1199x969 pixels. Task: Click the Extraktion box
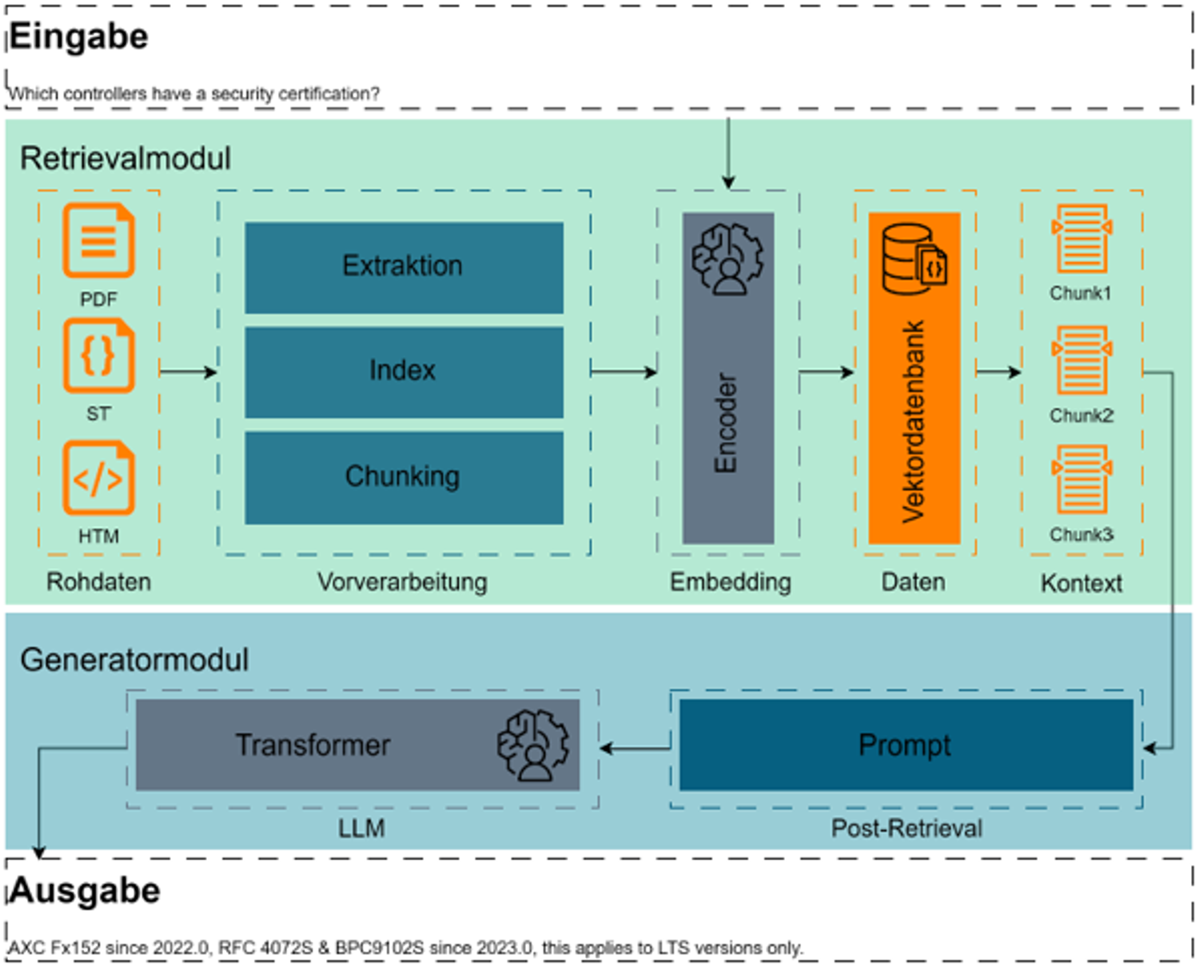click(404, 268)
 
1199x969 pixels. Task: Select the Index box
click(404, 373)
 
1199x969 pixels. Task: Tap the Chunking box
click(404, 478)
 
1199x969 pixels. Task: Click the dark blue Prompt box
click(906, 744)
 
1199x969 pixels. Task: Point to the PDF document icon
click(98, 241)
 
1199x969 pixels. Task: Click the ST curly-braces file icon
click(98, 355)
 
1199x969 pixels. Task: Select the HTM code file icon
click(98, 478)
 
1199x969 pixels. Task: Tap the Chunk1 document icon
click(1081, 239)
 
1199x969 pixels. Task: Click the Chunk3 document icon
click(1081, 479)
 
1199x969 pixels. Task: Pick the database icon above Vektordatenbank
click(914, 258)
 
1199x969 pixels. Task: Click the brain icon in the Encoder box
click(728, 259)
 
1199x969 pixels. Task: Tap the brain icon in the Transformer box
click(533, 745)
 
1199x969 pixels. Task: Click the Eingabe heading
click(79, 37)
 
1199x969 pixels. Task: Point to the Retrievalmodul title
click(125, 158)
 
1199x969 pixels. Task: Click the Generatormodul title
click(134, 660)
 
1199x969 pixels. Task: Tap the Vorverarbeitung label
click(403, 581)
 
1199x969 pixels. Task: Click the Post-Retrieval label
click(907, 828)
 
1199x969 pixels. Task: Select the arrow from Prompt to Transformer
click(635, 748)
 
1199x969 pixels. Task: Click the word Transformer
click(313, 745)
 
